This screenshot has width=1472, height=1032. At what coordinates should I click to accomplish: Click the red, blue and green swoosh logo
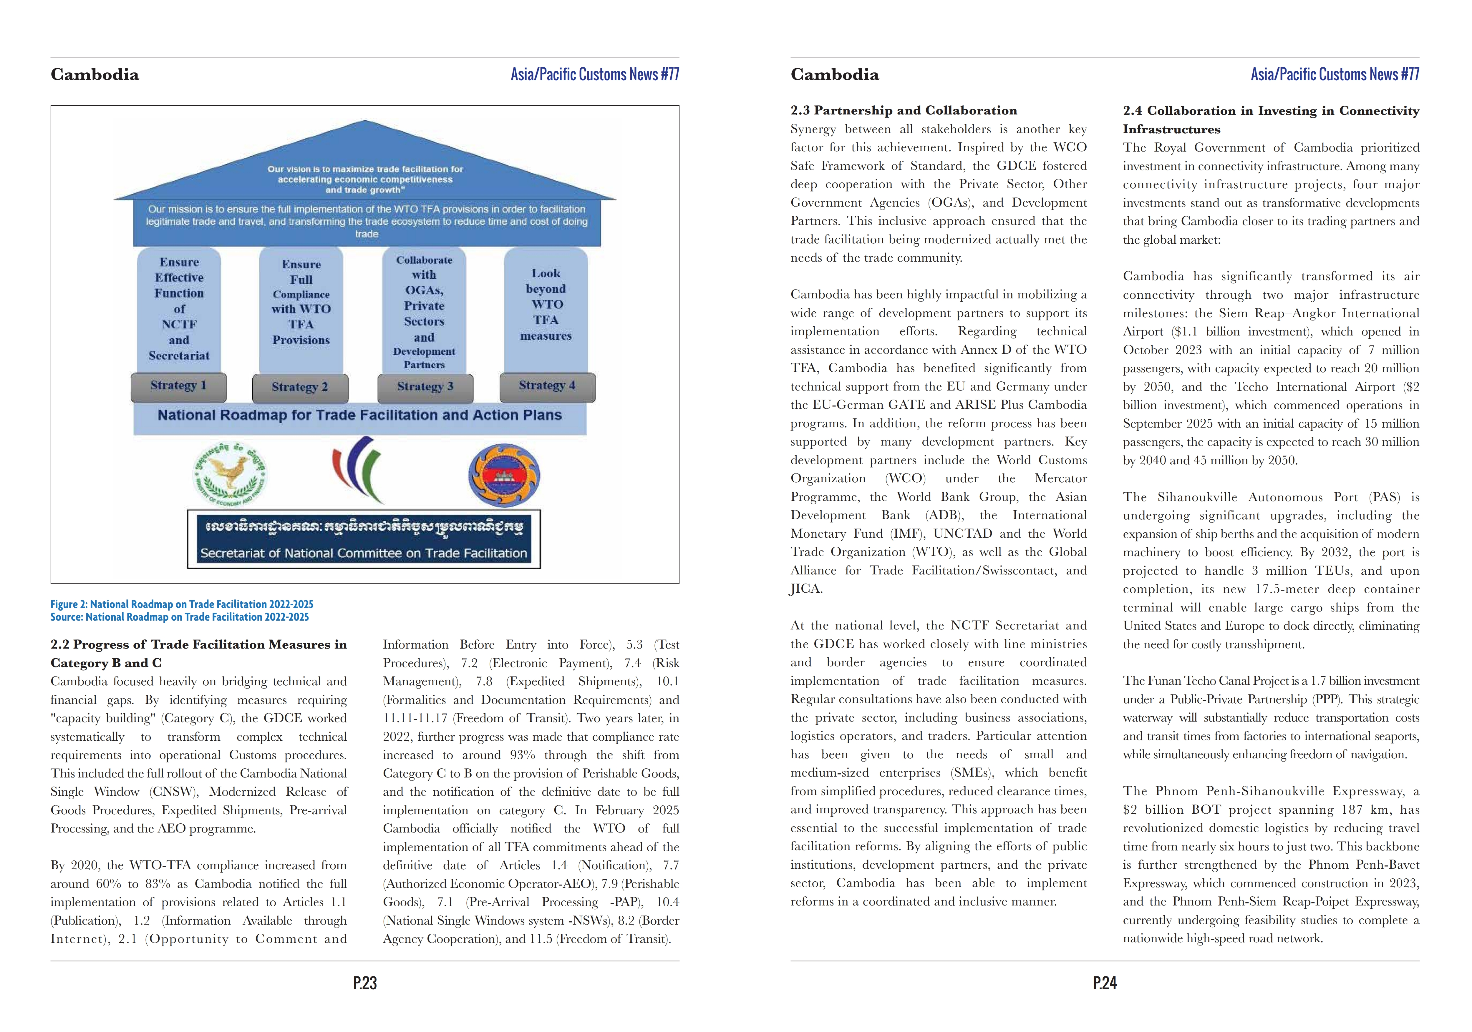tap(357, 470)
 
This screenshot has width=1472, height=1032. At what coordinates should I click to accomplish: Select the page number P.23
tap(365, 983)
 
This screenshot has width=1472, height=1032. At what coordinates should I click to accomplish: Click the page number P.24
tap(1105, 983)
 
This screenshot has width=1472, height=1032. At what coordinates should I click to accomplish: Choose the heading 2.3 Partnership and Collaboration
tap(903, 110)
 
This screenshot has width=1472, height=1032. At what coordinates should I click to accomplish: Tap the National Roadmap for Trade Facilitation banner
tap(360, 416)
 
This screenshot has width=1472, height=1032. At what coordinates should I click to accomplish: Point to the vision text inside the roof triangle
tap(365, 179)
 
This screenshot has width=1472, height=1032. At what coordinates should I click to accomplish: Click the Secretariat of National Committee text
tap(364, 553)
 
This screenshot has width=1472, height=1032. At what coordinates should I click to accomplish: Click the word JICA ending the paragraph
tap(807, 589)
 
